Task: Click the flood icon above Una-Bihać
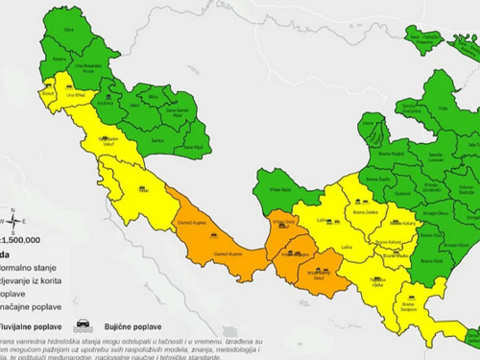(70, 85)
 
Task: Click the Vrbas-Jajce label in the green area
(280, 188)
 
